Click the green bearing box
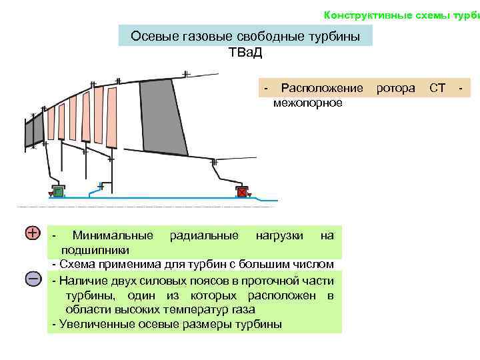pyautogui.click(x=59, y=192)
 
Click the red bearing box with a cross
pyautogui.click(x=242, y=192)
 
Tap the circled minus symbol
pyautogui.click(x=33, y=279)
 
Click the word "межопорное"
pyautogui.click(x=307, y=103)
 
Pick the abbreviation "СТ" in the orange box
pyautogui.click(x=437, y=88)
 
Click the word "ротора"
pyautogui.click(x=395, y=88)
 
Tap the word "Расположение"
pyautogui.click(x=322, y=88)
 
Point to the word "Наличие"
pyautogui.click(x=85, y=280)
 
